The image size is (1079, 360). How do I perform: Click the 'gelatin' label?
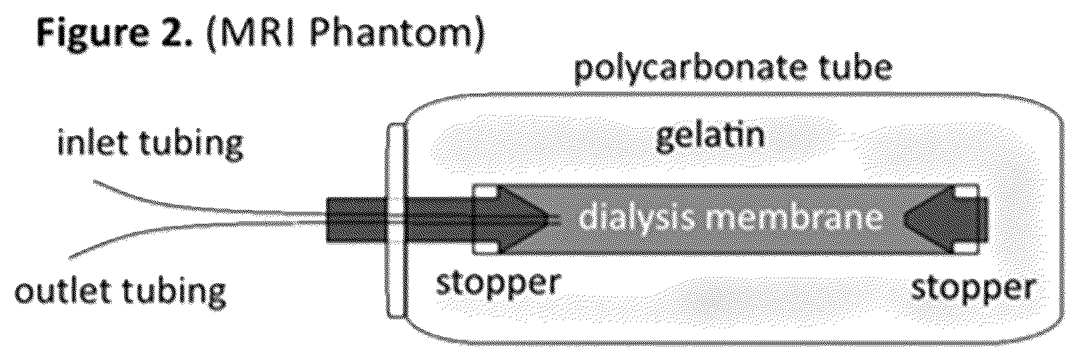point(710,137)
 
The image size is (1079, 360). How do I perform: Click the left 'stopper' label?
point(499,284)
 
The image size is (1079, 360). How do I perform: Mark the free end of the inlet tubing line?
point(94,182)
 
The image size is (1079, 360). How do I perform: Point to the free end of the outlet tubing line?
point(70,258)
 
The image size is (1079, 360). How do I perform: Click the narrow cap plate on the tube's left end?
point(396,220)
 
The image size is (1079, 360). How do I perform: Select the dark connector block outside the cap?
point(357,220)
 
